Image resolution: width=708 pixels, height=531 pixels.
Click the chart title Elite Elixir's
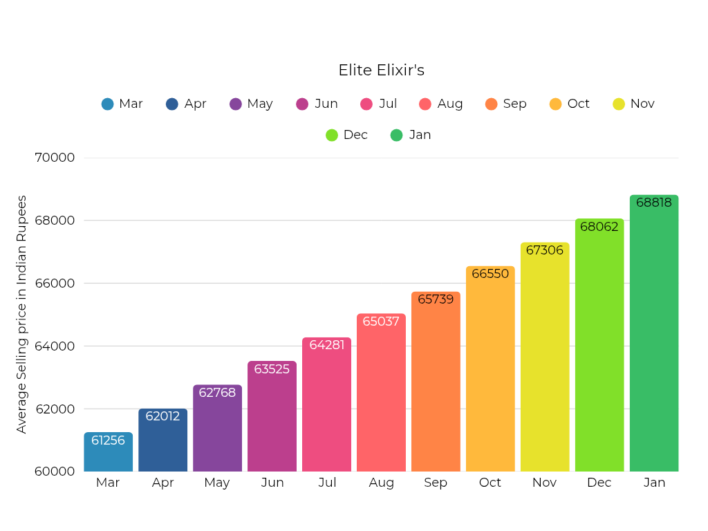coord(381,71)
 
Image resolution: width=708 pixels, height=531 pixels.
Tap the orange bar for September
coord(436,387)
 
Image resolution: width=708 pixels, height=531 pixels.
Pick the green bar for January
coord(654,339)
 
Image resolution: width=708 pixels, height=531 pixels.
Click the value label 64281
coord(326,344)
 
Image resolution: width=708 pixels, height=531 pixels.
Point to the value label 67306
coord(545,250)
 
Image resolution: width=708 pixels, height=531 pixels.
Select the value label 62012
coord(162,416)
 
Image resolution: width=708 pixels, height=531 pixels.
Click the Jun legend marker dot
coord(302,104)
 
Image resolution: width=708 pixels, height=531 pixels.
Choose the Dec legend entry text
coord(355,135)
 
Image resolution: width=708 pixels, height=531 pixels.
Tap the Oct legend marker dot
coord(555,104)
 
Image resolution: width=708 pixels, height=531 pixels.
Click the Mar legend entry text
coord(131,104)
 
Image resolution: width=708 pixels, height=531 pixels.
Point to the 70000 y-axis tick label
coord(55,158)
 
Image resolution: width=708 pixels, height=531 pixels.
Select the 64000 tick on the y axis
coord(55,346)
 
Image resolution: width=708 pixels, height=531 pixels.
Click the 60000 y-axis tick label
coord(55,472)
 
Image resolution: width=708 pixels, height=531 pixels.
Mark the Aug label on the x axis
coord(382,483)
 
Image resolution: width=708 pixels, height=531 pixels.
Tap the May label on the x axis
coord(217,483)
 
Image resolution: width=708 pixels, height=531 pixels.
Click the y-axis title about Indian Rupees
coord(22,315)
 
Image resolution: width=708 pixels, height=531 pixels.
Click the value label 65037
coord(381,322)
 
